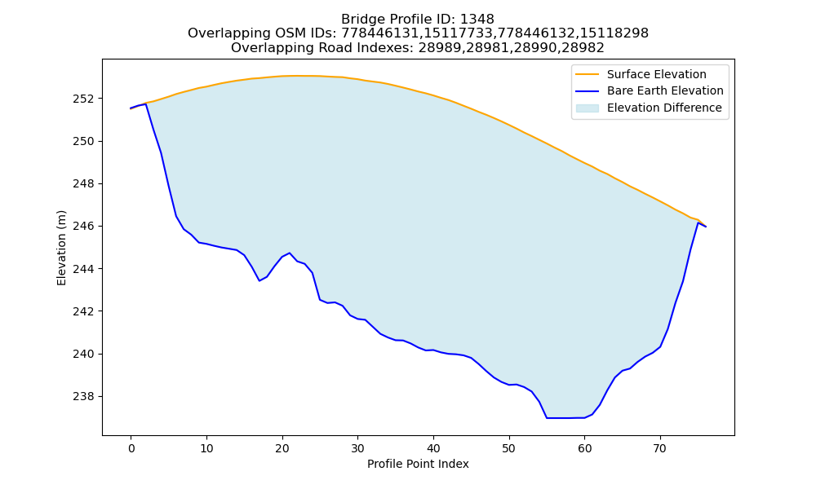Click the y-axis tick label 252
point(84,99)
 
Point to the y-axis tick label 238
point(84,397)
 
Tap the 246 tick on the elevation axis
point(84,227)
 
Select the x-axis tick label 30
point(357,448)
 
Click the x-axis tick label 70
point(660,448)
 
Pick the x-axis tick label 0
point(131,448)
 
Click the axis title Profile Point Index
point(418,464)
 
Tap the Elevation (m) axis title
point(61,248)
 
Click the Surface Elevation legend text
point(656,74)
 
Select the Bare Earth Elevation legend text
point(665,91)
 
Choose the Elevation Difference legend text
point(664,108)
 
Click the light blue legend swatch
point(588,108)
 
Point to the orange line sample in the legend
point(588,74)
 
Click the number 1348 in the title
point(477,20)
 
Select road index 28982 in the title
point(583,48)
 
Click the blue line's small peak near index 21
point(290,253)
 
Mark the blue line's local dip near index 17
point(259,280)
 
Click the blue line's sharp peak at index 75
point(698,222)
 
